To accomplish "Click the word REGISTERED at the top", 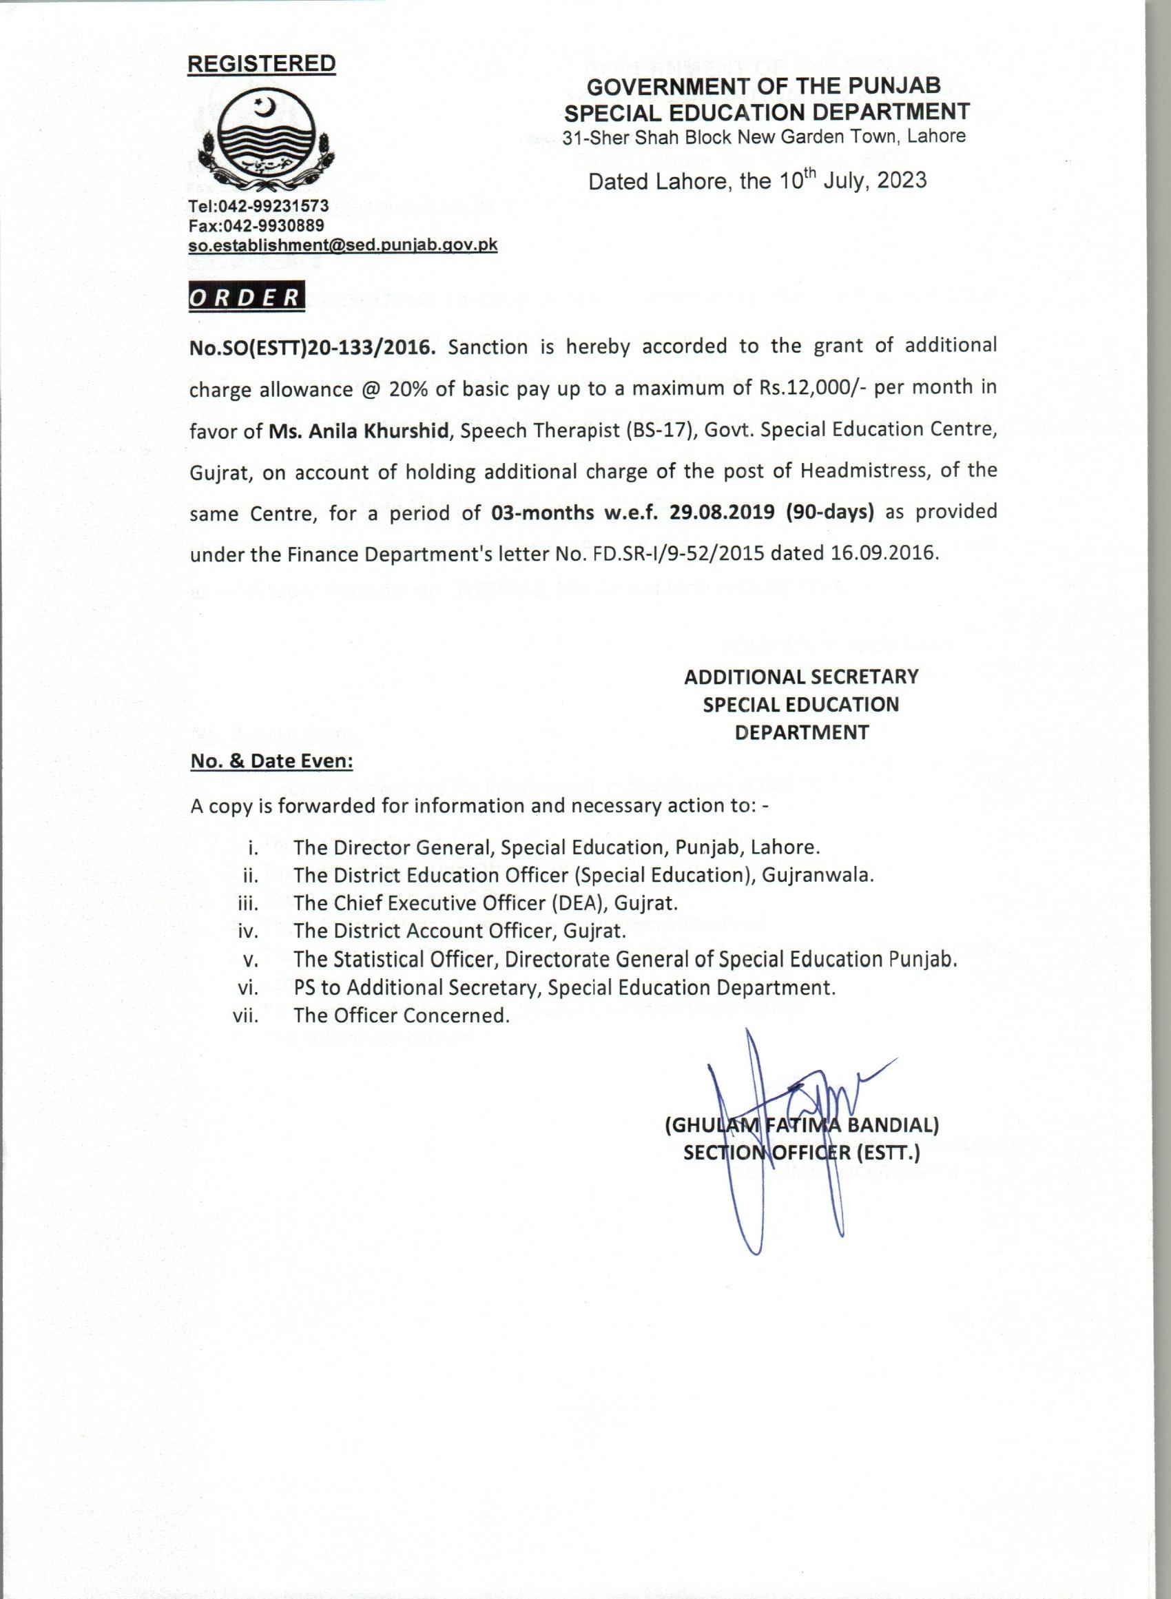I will (261, 64).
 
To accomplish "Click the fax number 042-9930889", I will (273, 225).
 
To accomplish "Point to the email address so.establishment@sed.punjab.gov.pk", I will (343, 245).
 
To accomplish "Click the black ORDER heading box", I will (246, 298).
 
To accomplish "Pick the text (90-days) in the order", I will (829, 512).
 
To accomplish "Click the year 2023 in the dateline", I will (901, 180).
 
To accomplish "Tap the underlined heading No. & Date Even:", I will (272, 761).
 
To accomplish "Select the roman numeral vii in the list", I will (245, 1015).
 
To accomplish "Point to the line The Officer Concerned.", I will (401, 1015).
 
